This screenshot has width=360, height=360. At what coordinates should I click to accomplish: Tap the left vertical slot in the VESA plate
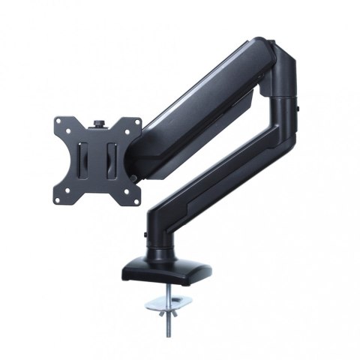[x=85, y=159]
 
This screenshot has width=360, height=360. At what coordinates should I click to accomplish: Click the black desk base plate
[x=169, y=273]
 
